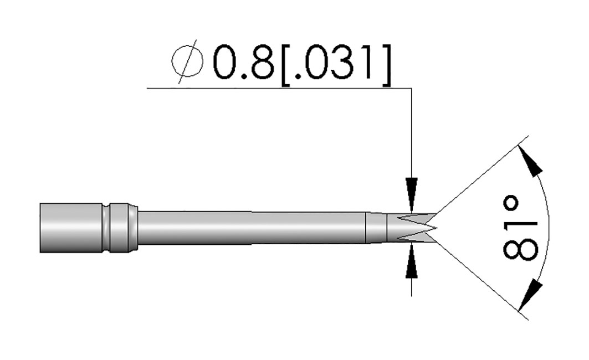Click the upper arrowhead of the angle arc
531,161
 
